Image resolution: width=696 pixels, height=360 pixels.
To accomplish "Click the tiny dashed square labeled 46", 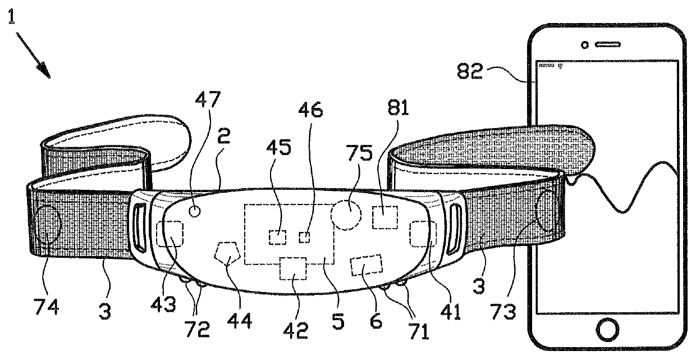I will (304, 237).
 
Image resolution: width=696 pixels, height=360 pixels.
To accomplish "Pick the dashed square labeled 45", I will (277, 237).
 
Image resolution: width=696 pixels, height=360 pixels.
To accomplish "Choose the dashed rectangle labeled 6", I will (365, 265).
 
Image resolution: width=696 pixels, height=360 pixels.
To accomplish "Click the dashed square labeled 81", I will (384, 217).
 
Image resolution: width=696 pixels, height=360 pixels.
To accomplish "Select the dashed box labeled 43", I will (170, 234).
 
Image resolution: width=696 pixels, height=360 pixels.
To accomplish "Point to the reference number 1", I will (11, 20).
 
